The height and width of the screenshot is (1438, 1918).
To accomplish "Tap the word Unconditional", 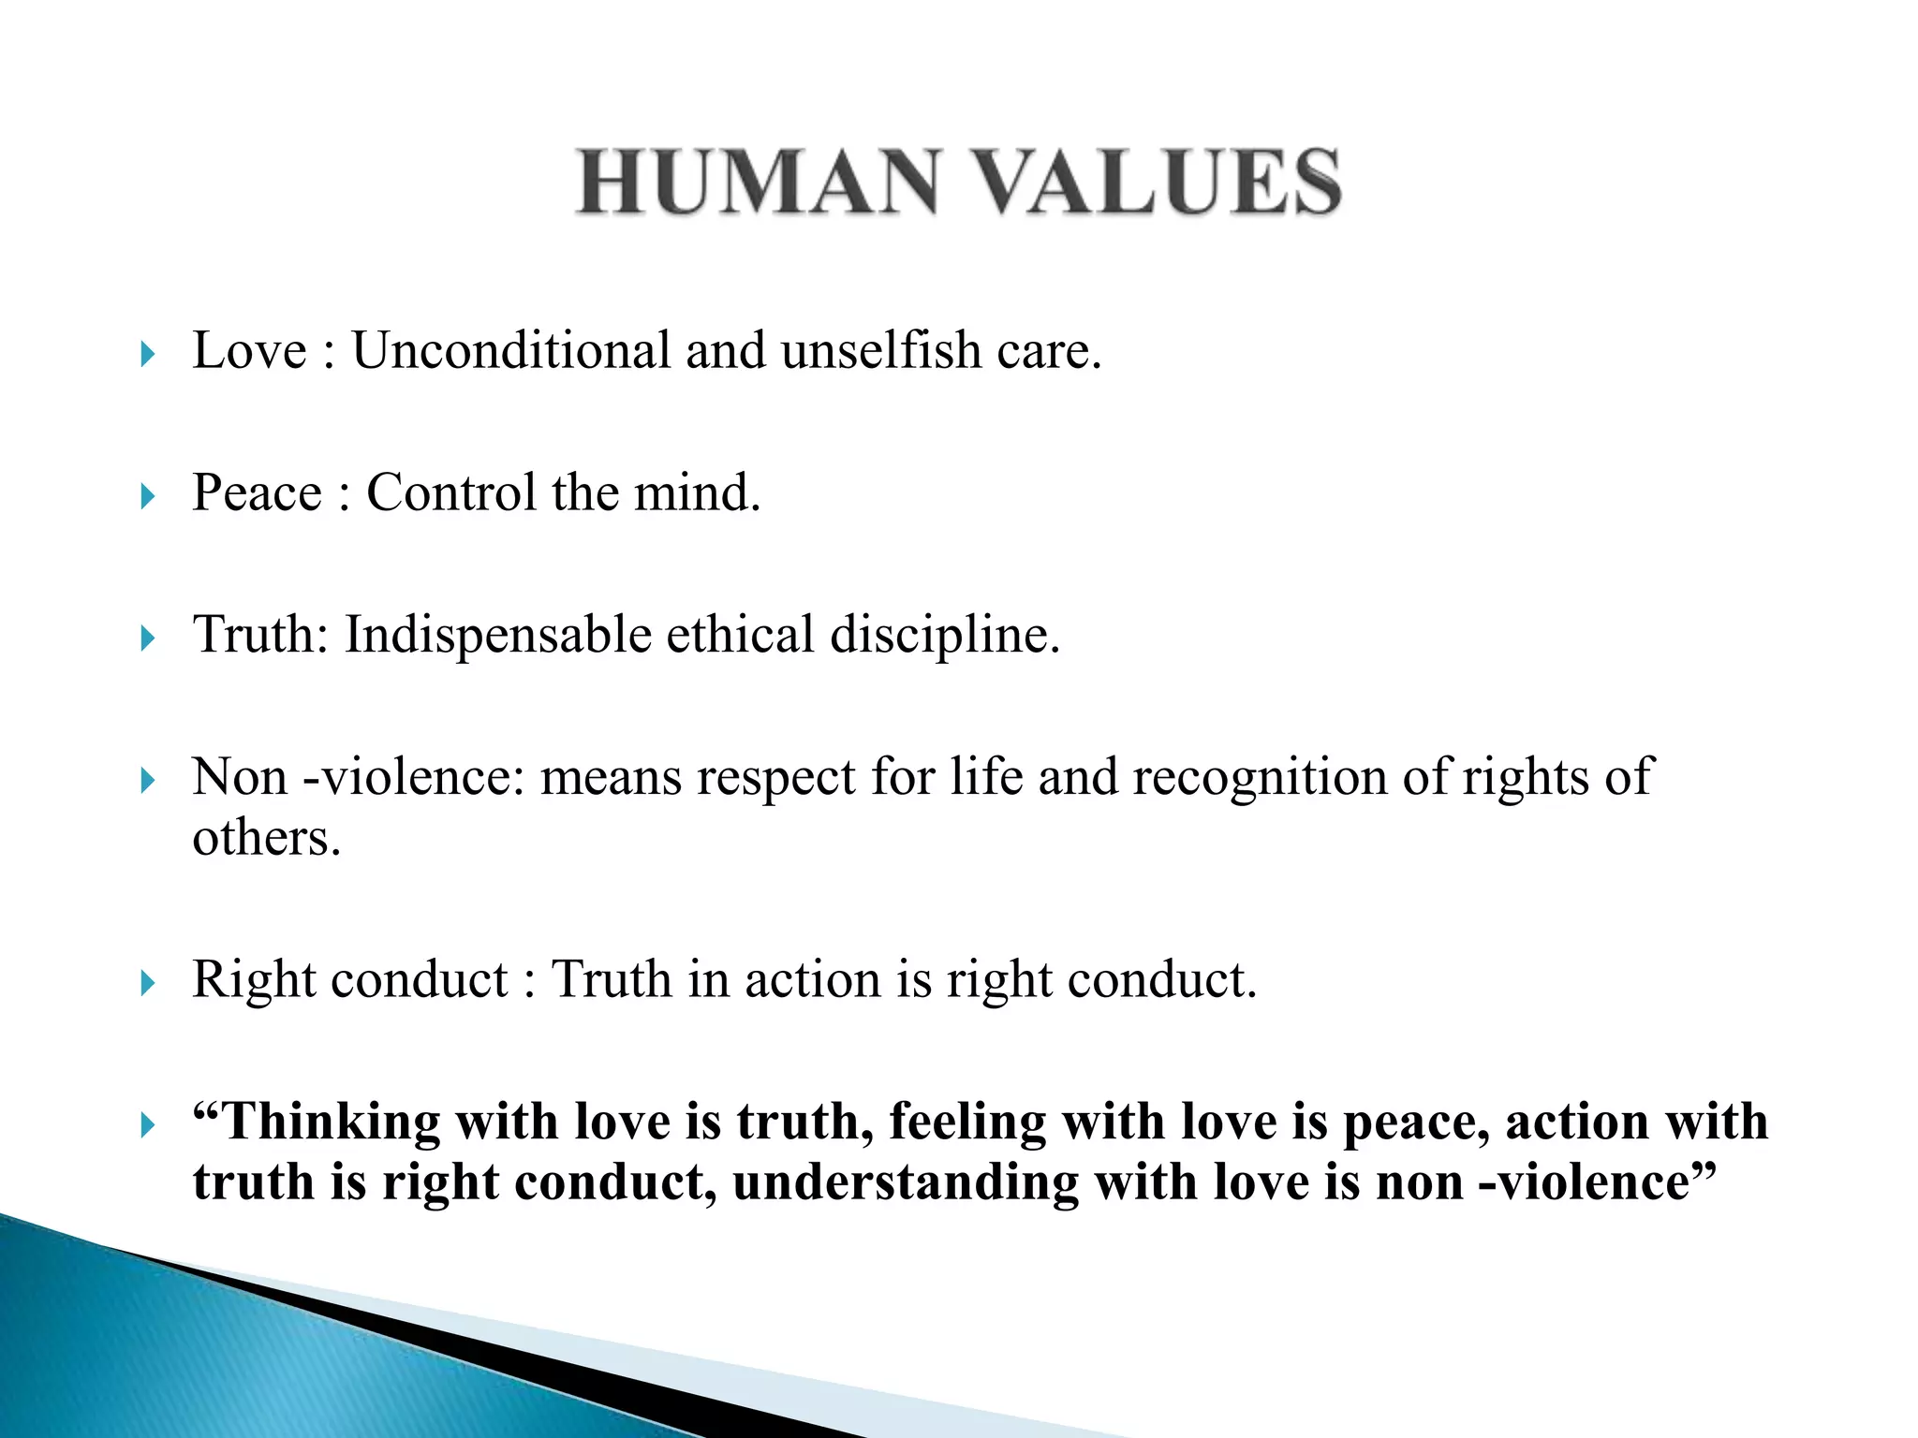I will (510, 351).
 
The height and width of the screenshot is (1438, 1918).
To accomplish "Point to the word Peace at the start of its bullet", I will (257, 493).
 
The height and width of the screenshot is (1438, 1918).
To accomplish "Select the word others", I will (266, 838).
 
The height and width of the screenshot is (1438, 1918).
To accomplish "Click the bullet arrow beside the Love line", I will (147, 354).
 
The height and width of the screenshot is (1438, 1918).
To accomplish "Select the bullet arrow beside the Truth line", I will (147, 638).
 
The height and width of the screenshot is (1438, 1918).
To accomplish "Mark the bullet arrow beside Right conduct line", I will (147, 983).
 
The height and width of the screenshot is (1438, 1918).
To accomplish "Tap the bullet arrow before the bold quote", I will (147, 1124).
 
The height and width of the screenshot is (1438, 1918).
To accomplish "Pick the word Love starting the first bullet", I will (249, 351).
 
